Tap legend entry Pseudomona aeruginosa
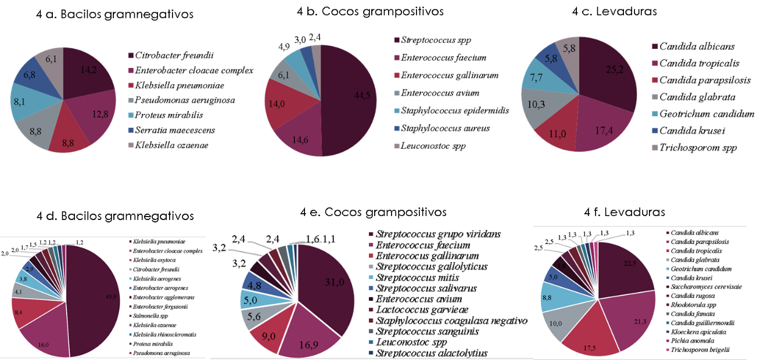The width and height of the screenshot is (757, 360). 160,352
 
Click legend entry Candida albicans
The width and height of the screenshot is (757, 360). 689,232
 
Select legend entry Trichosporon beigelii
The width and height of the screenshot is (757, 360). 693,350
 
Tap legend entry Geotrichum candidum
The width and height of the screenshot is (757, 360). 694,268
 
